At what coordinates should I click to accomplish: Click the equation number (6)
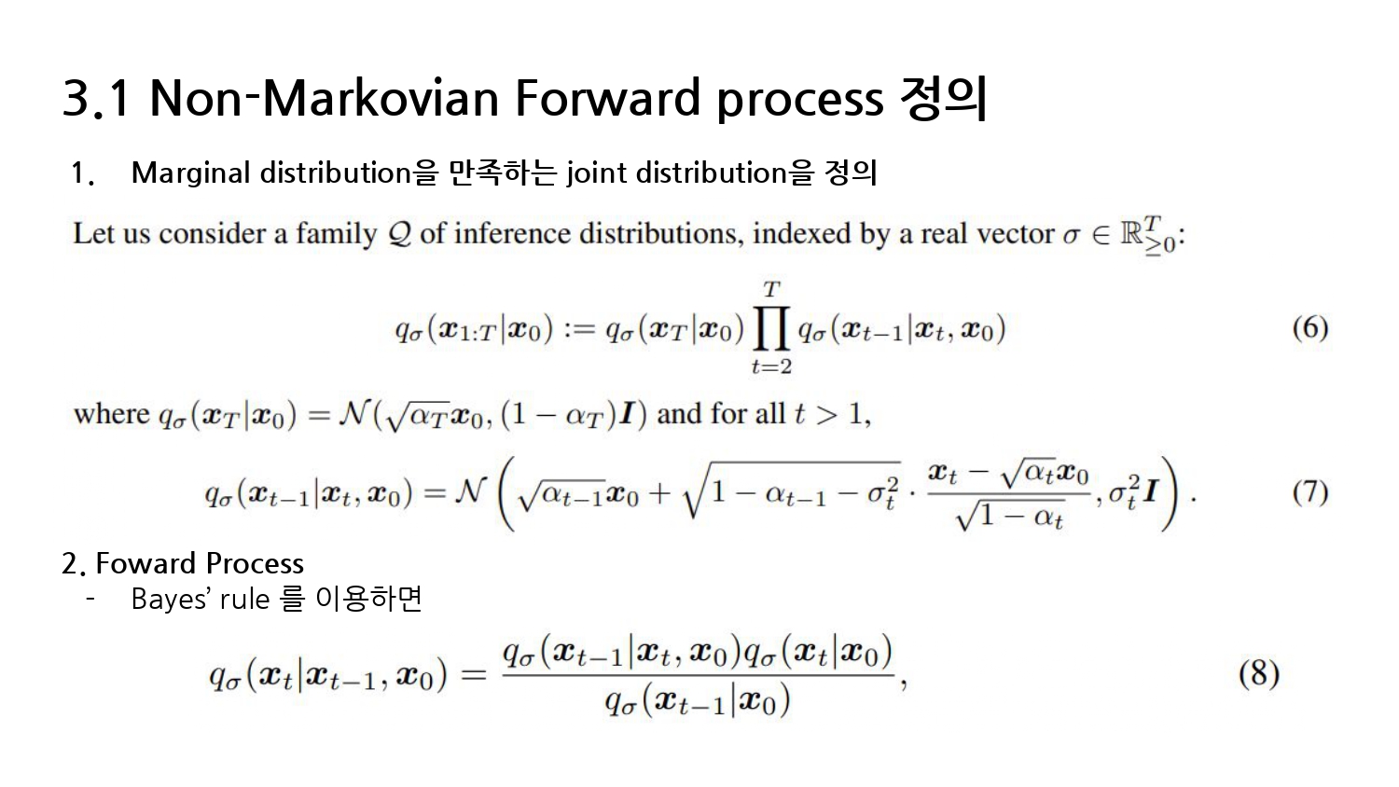tap(1310, 328)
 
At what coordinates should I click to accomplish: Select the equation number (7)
tap(1310, 493)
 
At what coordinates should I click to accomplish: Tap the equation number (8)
tap(1259, 674)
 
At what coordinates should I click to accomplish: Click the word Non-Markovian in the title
tap(325, 98)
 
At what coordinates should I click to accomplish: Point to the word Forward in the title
tap(608, 98)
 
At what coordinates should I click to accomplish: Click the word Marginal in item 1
tap(191, 173)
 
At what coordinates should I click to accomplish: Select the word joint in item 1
tap(595, 173)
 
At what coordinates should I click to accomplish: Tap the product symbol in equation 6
tap(771, 328)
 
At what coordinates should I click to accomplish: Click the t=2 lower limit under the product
tap(771, 366)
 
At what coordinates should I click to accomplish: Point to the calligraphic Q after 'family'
tap(400, 235)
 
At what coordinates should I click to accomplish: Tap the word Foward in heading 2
tap(146, 563)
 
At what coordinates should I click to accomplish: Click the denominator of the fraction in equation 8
tap(697, 700)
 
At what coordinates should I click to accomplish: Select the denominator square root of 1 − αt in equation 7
tap(1010, 516)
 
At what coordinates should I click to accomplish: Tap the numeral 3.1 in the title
tap(96, 98)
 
